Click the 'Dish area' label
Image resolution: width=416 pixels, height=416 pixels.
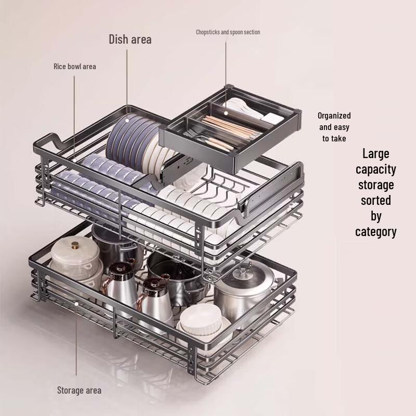(x=130, y=39)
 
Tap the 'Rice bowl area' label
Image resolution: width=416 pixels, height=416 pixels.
(x=74, y=67)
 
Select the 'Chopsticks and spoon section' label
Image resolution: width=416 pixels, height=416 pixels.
(x=228, y=32)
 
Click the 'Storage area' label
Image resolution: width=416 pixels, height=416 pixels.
(x=79, y=390)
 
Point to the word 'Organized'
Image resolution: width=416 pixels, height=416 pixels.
(x=334, y=115)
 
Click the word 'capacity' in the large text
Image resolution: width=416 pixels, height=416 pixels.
(x=376, y=169)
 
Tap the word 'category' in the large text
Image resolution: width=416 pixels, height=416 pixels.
(x=376, y=231)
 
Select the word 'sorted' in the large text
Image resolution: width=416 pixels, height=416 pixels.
(x=376, y=200)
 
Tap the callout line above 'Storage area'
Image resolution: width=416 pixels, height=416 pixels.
(x=76, y=338)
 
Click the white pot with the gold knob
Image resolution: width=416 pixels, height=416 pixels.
(x=75, y=260)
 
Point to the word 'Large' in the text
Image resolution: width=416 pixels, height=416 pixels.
(x=376, y=153)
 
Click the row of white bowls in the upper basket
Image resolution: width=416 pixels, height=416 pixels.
(x=177, y=208)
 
